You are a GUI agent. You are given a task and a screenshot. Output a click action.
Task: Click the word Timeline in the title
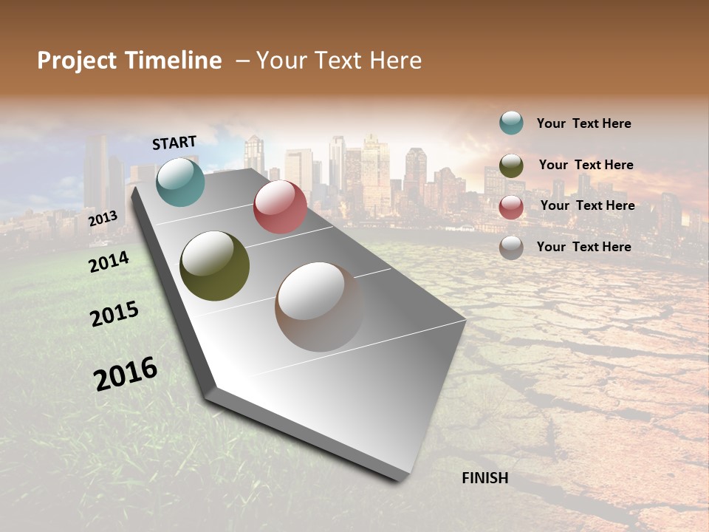[x=174, y=61]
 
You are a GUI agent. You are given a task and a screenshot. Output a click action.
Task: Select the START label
[x=174, y=143]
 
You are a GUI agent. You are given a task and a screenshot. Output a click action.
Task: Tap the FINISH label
[x=485, y=478]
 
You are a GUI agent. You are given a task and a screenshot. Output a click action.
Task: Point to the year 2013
[x=103, y=219]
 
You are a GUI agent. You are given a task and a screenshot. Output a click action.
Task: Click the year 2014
[x=109, y=262]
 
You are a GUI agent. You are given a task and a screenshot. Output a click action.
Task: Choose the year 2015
[x=114, y=313]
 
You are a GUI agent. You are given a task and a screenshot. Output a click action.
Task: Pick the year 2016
[x=126, y=373]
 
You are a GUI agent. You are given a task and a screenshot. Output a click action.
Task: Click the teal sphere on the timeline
[x=180, y=182]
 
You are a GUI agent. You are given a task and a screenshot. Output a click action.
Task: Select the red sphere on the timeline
[x=280, y=207]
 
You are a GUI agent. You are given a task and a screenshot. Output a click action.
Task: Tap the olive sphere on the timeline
[x=214, y=266]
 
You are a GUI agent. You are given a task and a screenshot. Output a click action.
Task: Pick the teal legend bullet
[x=511, y=123]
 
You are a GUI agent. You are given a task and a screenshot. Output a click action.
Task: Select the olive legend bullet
[x=511, y=166]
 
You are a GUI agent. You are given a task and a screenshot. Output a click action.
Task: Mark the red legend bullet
[x=511, y=207]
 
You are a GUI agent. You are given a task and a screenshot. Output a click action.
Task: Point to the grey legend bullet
[x=511, y=248]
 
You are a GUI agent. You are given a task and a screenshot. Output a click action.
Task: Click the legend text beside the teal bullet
[x=583, y=123]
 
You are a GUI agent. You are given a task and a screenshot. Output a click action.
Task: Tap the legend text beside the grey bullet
[x=583, y=247]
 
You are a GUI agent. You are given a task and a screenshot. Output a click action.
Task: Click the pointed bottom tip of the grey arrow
[x=399, y=479]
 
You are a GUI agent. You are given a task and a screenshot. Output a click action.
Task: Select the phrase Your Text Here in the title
[x=339, y=61]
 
